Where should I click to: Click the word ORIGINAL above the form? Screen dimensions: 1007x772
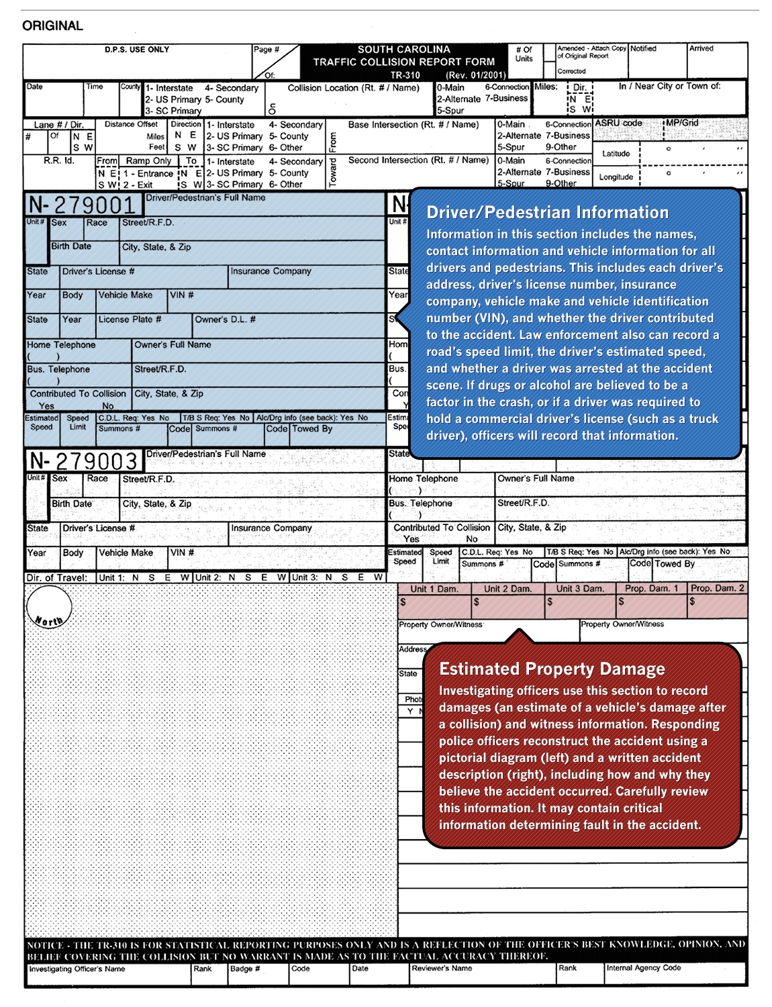[x=52, y=26]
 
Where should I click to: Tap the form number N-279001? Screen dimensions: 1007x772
[x=83, y=205]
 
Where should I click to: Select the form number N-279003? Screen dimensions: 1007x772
[x=84, y=461]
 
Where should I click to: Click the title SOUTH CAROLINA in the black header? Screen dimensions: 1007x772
[x=403, y=50]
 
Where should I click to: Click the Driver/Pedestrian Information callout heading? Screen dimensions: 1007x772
[x=547, y=212]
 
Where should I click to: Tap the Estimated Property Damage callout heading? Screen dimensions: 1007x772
[x=552, y=669]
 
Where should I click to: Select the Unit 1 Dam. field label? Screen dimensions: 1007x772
[x=434, y=589]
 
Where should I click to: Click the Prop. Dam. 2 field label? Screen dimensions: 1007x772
[x=717, y=588]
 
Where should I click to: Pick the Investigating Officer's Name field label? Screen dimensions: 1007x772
[x=77, y=969]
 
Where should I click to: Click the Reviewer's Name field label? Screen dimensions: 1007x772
[x=442, y=968]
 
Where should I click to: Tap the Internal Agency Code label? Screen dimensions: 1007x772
[x=643, y=968]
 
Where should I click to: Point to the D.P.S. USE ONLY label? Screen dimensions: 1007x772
[x=137, y=50]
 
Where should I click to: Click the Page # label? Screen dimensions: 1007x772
[x=267, y=50]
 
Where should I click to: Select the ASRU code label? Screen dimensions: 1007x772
[x=618, y=124]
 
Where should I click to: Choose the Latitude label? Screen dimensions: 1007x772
[x=616, y=154]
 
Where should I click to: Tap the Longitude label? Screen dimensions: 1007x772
[x=616, y=177]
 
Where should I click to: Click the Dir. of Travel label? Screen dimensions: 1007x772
[x=57, y=577]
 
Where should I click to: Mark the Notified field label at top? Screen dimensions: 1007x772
[x=643, y=48]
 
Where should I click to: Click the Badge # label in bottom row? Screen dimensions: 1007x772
[x=244, y=969]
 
